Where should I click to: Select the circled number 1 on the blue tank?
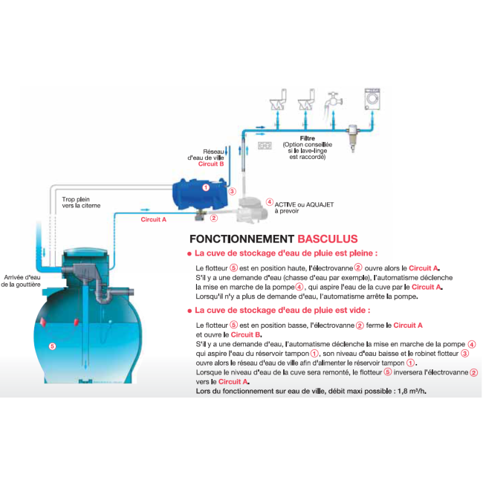(206, 189)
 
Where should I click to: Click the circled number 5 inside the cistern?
(52, 346)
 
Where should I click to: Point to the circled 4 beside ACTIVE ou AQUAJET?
(270, 201)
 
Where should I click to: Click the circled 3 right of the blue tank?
(233, 191)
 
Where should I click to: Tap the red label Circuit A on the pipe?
(154, 220)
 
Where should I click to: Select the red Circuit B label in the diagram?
(211, 163)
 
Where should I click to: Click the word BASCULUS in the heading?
(327, 239)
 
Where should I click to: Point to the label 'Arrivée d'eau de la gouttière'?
(22, 280)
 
